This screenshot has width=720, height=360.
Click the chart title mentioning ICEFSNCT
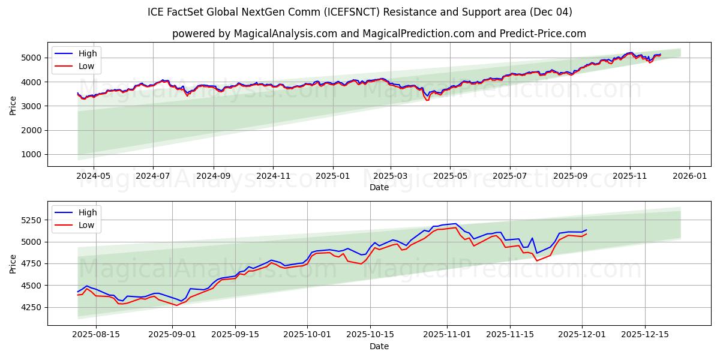tap(359, 12)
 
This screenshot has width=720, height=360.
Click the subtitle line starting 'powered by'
tap(379, 34)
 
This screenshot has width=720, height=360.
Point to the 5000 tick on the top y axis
tap(32, 58)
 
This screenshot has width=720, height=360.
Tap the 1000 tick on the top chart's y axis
tap(32, 155)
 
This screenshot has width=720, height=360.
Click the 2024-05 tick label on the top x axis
tap(94, 176)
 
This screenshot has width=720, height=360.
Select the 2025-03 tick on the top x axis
tap(391, 176)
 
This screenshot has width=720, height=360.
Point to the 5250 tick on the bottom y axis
tap(32, 220)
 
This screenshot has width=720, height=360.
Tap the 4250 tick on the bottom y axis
tap(32, 307)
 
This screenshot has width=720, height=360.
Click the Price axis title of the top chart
tap(13, 105)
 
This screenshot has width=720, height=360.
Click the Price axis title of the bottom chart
tap(13, 263)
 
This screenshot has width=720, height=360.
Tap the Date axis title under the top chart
tap(379, 187)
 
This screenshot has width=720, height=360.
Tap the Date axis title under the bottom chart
tap(379, 346)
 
